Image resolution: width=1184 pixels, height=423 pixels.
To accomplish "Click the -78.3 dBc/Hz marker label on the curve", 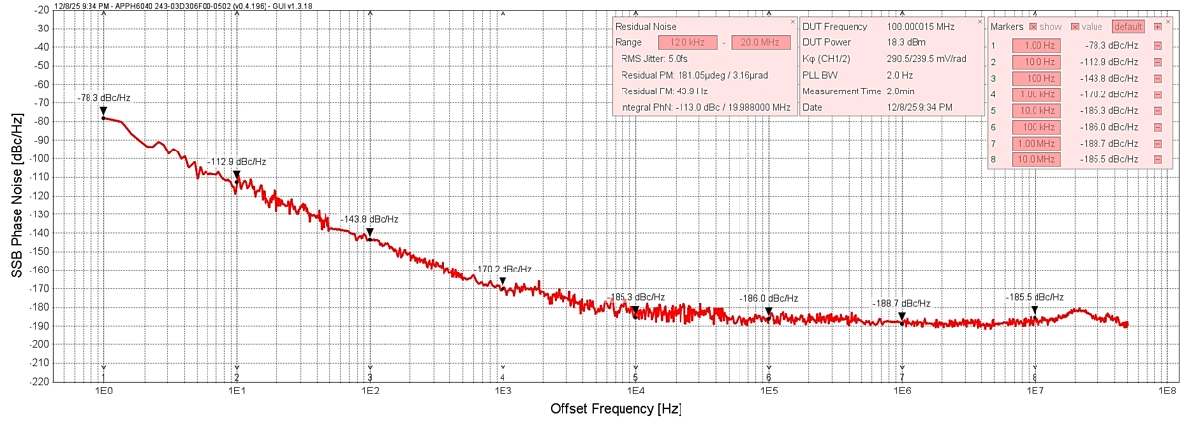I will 103,98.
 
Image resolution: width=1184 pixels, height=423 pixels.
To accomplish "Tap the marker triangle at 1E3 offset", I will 503,282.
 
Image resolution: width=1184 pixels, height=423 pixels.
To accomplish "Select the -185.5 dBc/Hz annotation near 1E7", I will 1035,297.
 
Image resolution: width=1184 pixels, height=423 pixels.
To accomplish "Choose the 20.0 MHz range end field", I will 760,42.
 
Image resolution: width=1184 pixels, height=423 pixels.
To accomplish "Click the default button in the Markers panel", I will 1128,27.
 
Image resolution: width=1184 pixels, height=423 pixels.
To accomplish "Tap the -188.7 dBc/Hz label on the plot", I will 902,303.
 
